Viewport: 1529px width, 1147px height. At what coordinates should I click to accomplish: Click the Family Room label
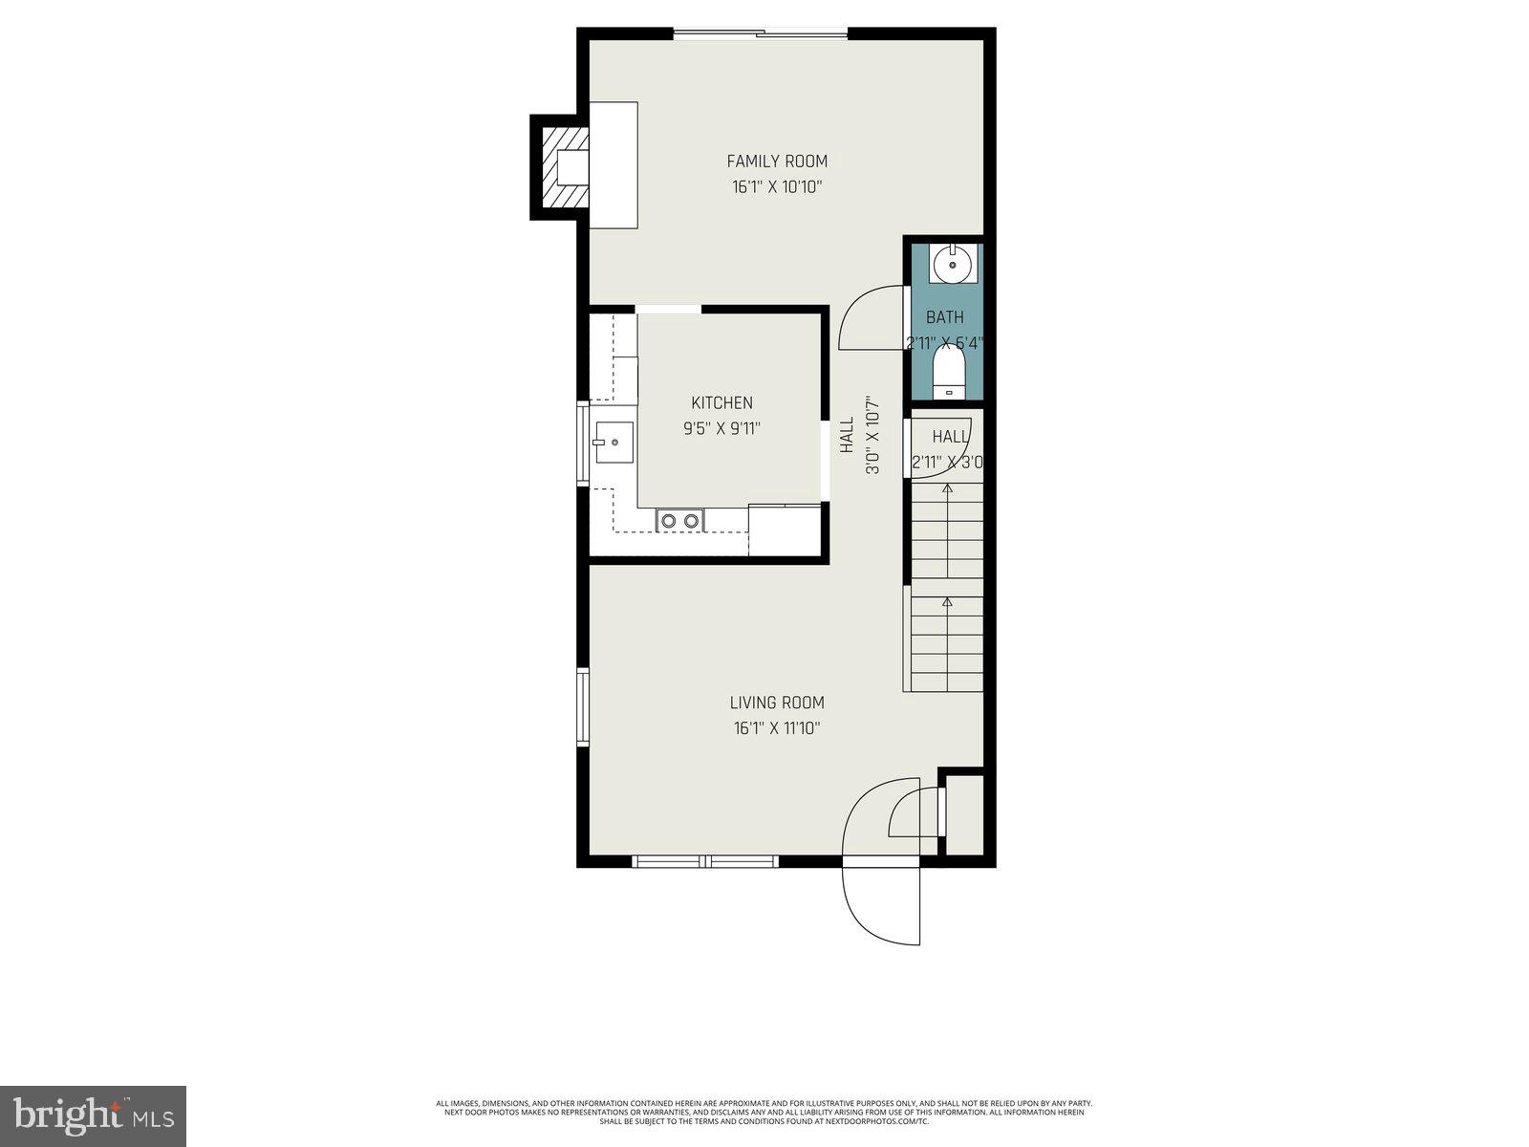pos(777,162)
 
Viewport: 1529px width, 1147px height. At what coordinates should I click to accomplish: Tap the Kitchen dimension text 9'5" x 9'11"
pos(721,429)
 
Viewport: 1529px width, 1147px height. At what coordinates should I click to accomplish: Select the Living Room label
pos(777,703)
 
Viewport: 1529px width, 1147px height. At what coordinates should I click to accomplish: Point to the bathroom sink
pos(951,265)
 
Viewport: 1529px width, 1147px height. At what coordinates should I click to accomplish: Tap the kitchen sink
pos(614,443)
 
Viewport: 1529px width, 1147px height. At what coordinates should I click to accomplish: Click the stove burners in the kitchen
pos(679,521)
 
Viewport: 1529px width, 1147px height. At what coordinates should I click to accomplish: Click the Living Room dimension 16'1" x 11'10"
pos(777,728)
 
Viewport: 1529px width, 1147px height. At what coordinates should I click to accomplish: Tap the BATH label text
pos(944,317)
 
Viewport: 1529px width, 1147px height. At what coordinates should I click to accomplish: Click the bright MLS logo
pos(93,1115)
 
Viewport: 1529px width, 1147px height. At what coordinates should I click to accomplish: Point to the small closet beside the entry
pos(963,814)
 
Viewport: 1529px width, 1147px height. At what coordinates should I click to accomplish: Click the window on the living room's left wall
pos(582,707)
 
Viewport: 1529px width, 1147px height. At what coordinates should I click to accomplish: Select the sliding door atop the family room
pos(761,35)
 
